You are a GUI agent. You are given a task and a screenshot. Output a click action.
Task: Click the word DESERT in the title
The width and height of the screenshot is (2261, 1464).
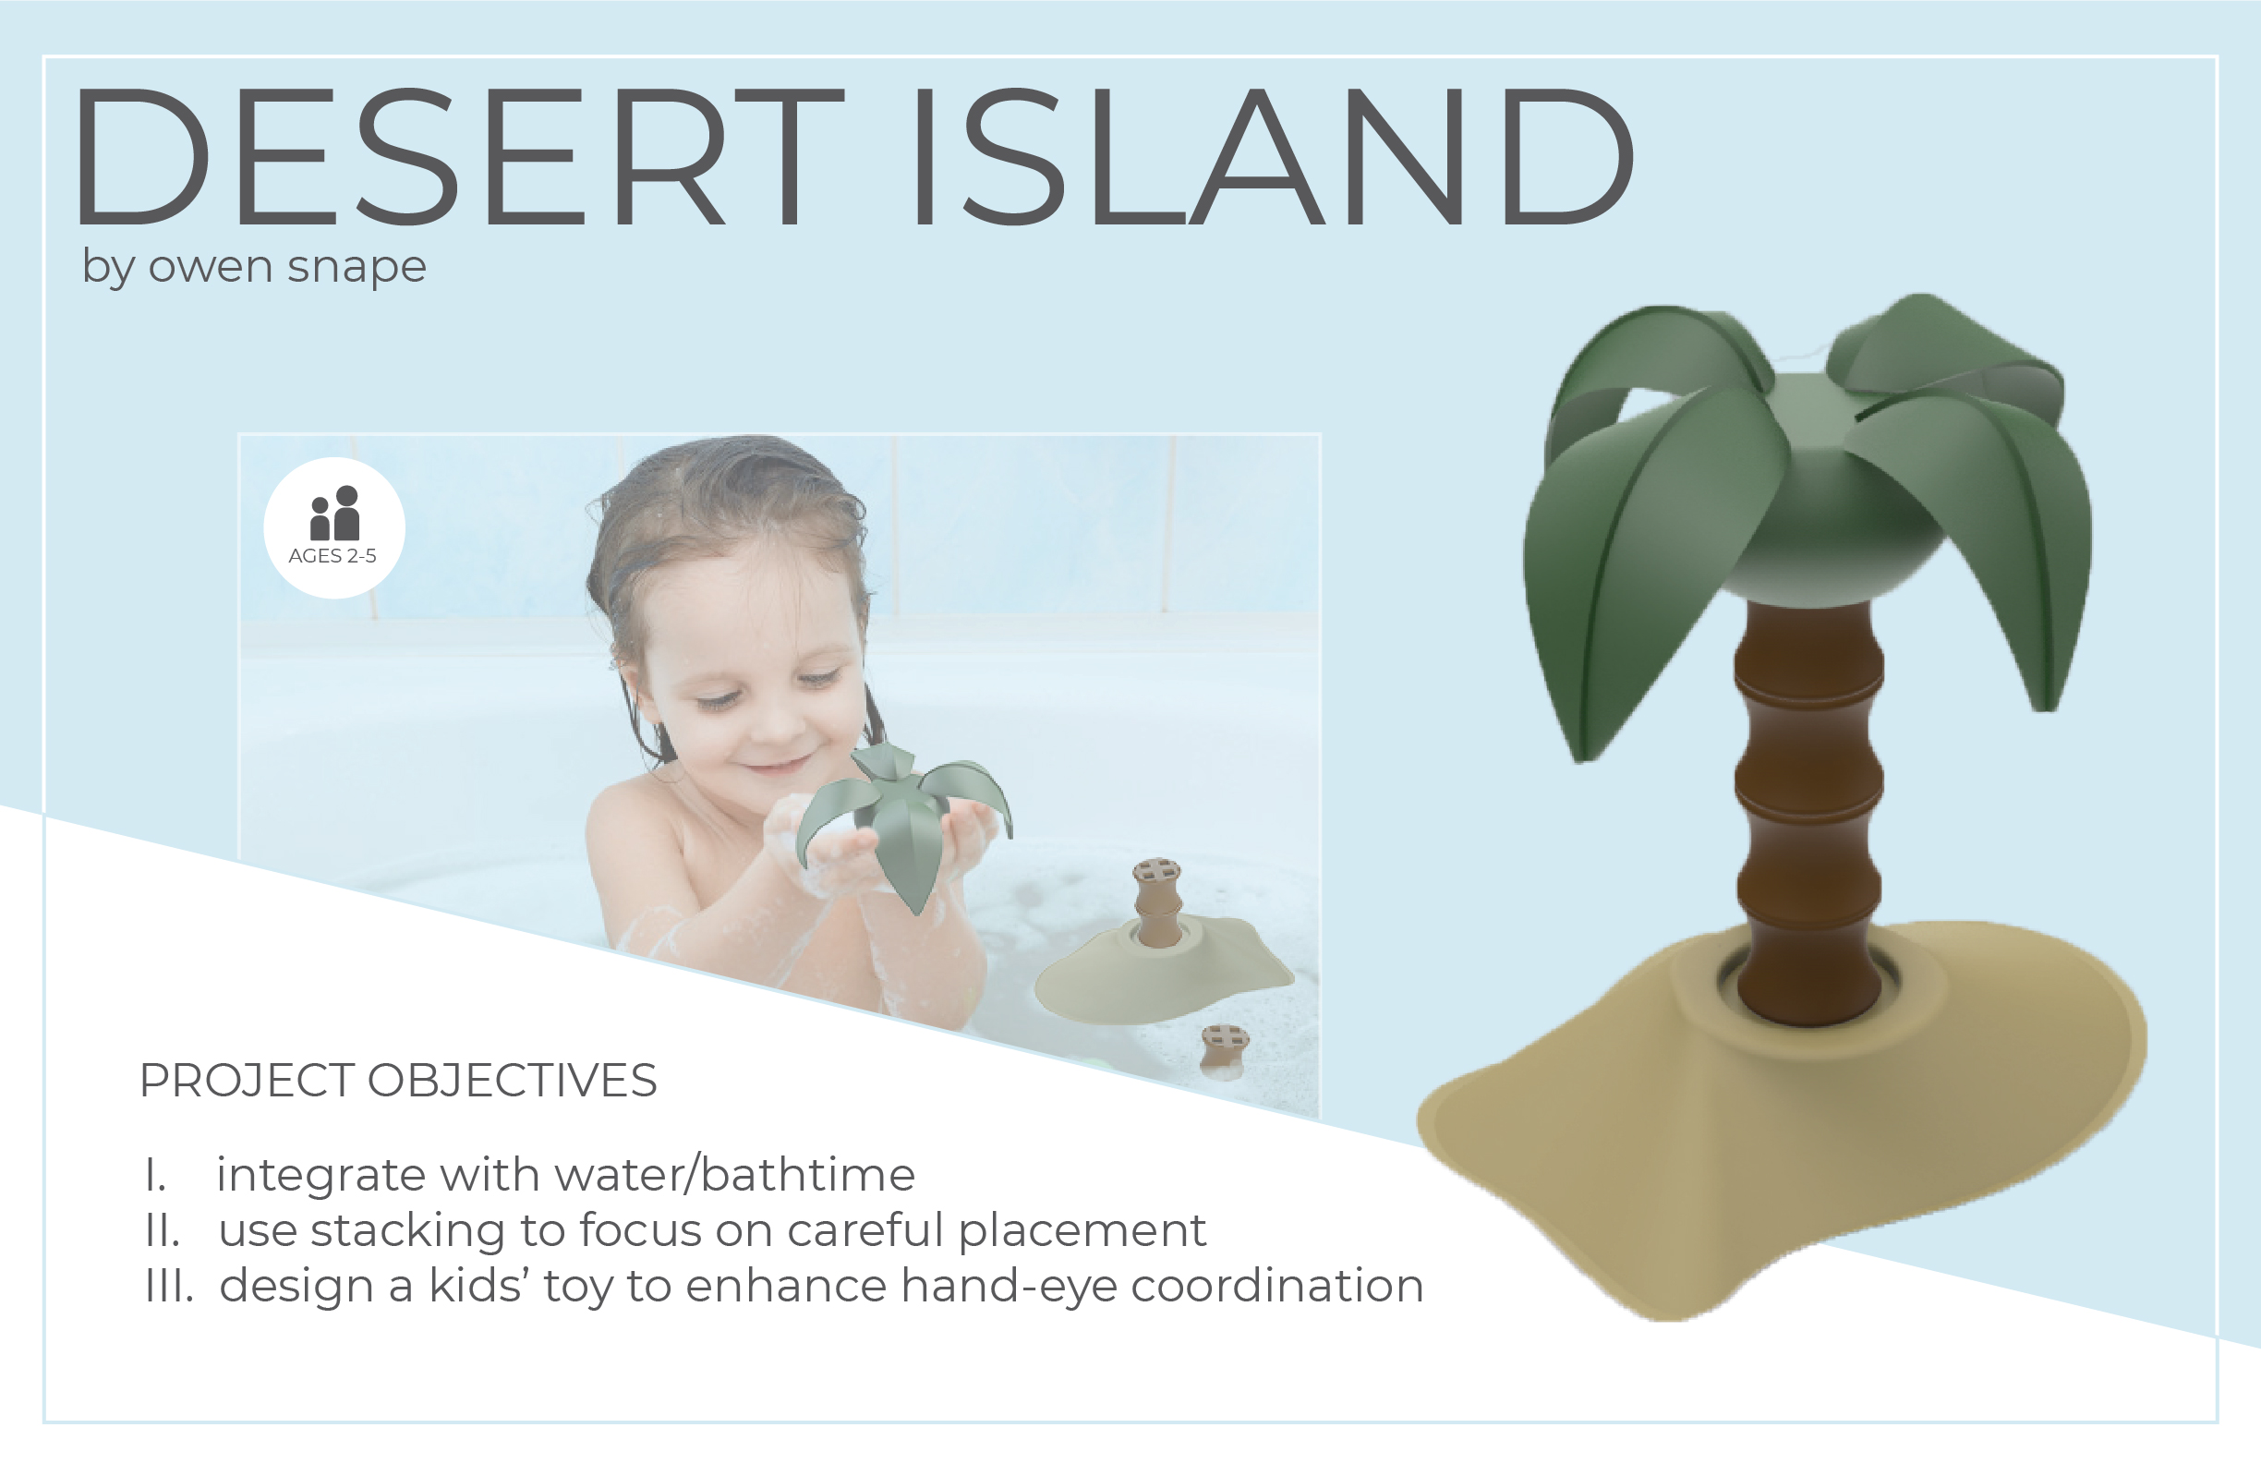pos(460,157)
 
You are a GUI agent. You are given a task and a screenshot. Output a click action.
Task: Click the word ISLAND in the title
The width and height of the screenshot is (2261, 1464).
pos(1273,157)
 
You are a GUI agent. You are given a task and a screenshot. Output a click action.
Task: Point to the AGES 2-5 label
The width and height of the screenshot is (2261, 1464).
pos(332,556)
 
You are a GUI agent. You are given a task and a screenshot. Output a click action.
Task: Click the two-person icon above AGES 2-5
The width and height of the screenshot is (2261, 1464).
pos(335,513)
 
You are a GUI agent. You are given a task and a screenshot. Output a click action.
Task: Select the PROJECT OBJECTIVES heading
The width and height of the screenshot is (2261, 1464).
pos(398,1080)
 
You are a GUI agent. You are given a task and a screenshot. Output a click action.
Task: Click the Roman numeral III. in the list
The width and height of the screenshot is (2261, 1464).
pos(169,1286)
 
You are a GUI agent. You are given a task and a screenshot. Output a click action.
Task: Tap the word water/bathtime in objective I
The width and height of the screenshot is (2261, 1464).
pos(734,1174)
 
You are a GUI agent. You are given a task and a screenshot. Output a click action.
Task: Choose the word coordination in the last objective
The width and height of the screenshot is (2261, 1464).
pos(1276,1286)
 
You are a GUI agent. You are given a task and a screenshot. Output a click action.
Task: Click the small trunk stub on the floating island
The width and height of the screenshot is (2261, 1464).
pos(1157,902)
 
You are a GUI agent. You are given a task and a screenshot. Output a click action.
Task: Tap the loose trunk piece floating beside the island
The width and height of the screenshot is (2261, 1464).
pos(1223,1051)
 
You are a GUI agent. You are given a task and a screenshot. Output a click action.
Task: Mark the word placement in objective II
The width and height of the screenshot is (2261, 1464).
pos(1082,1232)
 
